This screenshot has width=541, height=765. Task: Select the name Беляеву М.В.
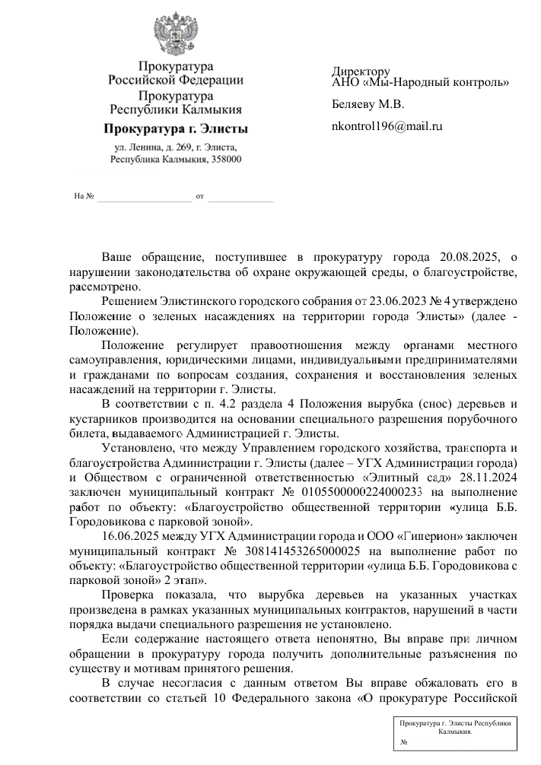tap(368, 104)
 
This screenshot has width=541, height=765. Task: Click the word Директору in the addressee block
tap(361, 71)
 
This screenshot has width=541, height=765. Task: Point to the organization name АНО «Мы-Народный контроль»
tap(420, 83)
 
